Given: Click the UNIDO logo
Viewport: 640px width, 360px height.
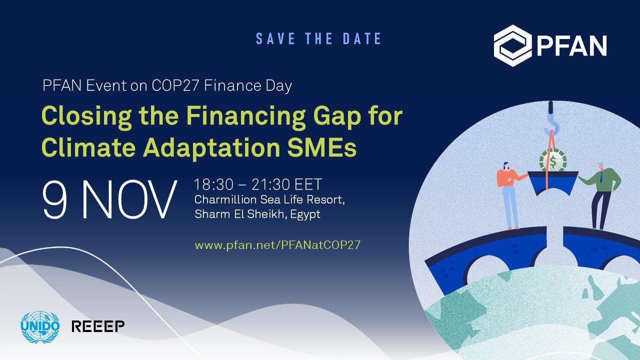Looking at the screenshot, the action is coord(40,327).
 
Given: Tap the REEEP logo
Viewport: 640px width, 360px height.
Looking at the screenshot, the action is coord(98,326).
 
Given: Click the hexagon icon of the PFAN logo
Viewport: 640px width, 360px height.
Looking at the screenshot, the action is coord(512,45).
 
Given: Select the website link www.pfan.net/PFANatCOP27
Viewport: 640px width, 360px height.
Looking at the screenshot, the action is coord(277,245).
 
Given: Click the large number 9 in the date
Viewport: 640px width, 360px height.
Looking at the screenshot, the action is coord(55,199).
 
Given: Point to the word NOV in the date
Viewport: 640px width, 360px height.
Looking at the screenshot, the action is coord(129,199).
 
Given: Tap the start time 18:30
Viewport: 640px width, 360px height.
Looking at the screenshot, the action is coord(213,184).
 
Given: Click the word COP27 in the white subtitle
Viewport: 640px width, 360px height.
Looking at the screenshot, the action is coord(175,85).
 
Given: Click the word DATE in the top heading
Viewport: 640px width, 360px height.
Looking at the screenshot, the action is coord(362,38).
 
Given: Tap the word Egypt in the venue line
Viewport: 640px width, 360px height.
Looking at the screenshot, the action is coord(305,214).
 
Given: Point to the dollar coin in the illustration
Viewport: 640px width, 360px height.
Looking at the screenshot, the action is coord(553,161).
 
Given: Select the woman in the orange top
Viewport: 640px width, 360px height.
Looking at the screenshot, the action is coord(509,196).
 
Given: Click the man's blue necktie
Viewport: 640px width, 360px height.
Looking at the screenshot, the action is coord(601,177).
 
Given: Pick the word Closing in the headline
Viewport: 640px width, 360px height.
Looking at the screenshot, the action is coord(86,117).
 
